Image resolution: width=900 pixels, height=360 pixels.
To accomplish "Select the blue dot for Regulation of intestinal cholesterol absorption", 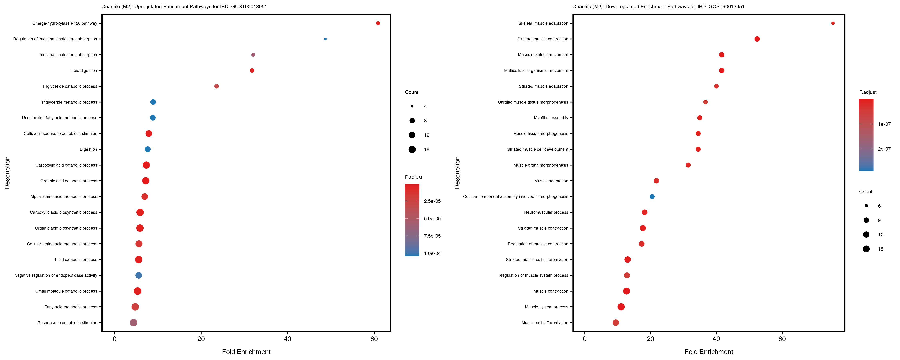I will pos(325,39).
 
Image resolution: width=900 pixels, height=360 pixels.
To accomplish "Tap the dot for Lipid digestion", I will pos(252,71).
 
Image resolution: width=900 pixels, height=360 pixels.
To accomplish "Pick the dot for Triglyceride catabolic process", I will pos(217,86).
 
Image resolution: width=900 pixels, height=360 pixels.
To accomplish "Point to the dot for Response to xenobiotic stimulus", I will pos(133,323).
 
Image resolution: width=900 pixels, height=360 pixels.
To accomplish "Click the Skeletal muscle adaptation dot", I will pos(833,23).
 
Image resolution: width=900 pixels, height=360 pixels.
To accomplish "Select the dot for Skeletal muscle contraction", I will pos(757,39).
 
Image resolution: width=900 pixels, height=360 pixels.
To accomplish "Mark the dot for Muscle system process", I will pos(621,307).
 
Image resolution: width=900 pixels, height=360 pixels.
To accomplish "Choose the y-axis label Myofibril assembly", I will pos(551,118).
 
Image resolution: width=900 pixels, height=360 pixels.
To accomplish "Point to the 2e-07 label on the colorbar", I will pos(884,149).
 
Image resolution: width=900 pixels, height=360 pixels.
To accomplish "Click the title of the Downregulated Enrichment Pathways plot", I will pos(658,7).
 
